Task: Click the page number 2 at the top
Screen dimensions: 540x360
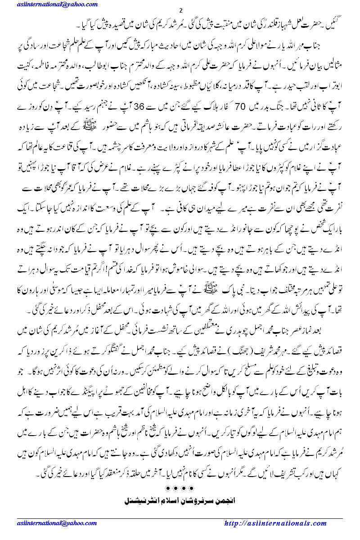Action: pos(180,10)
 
